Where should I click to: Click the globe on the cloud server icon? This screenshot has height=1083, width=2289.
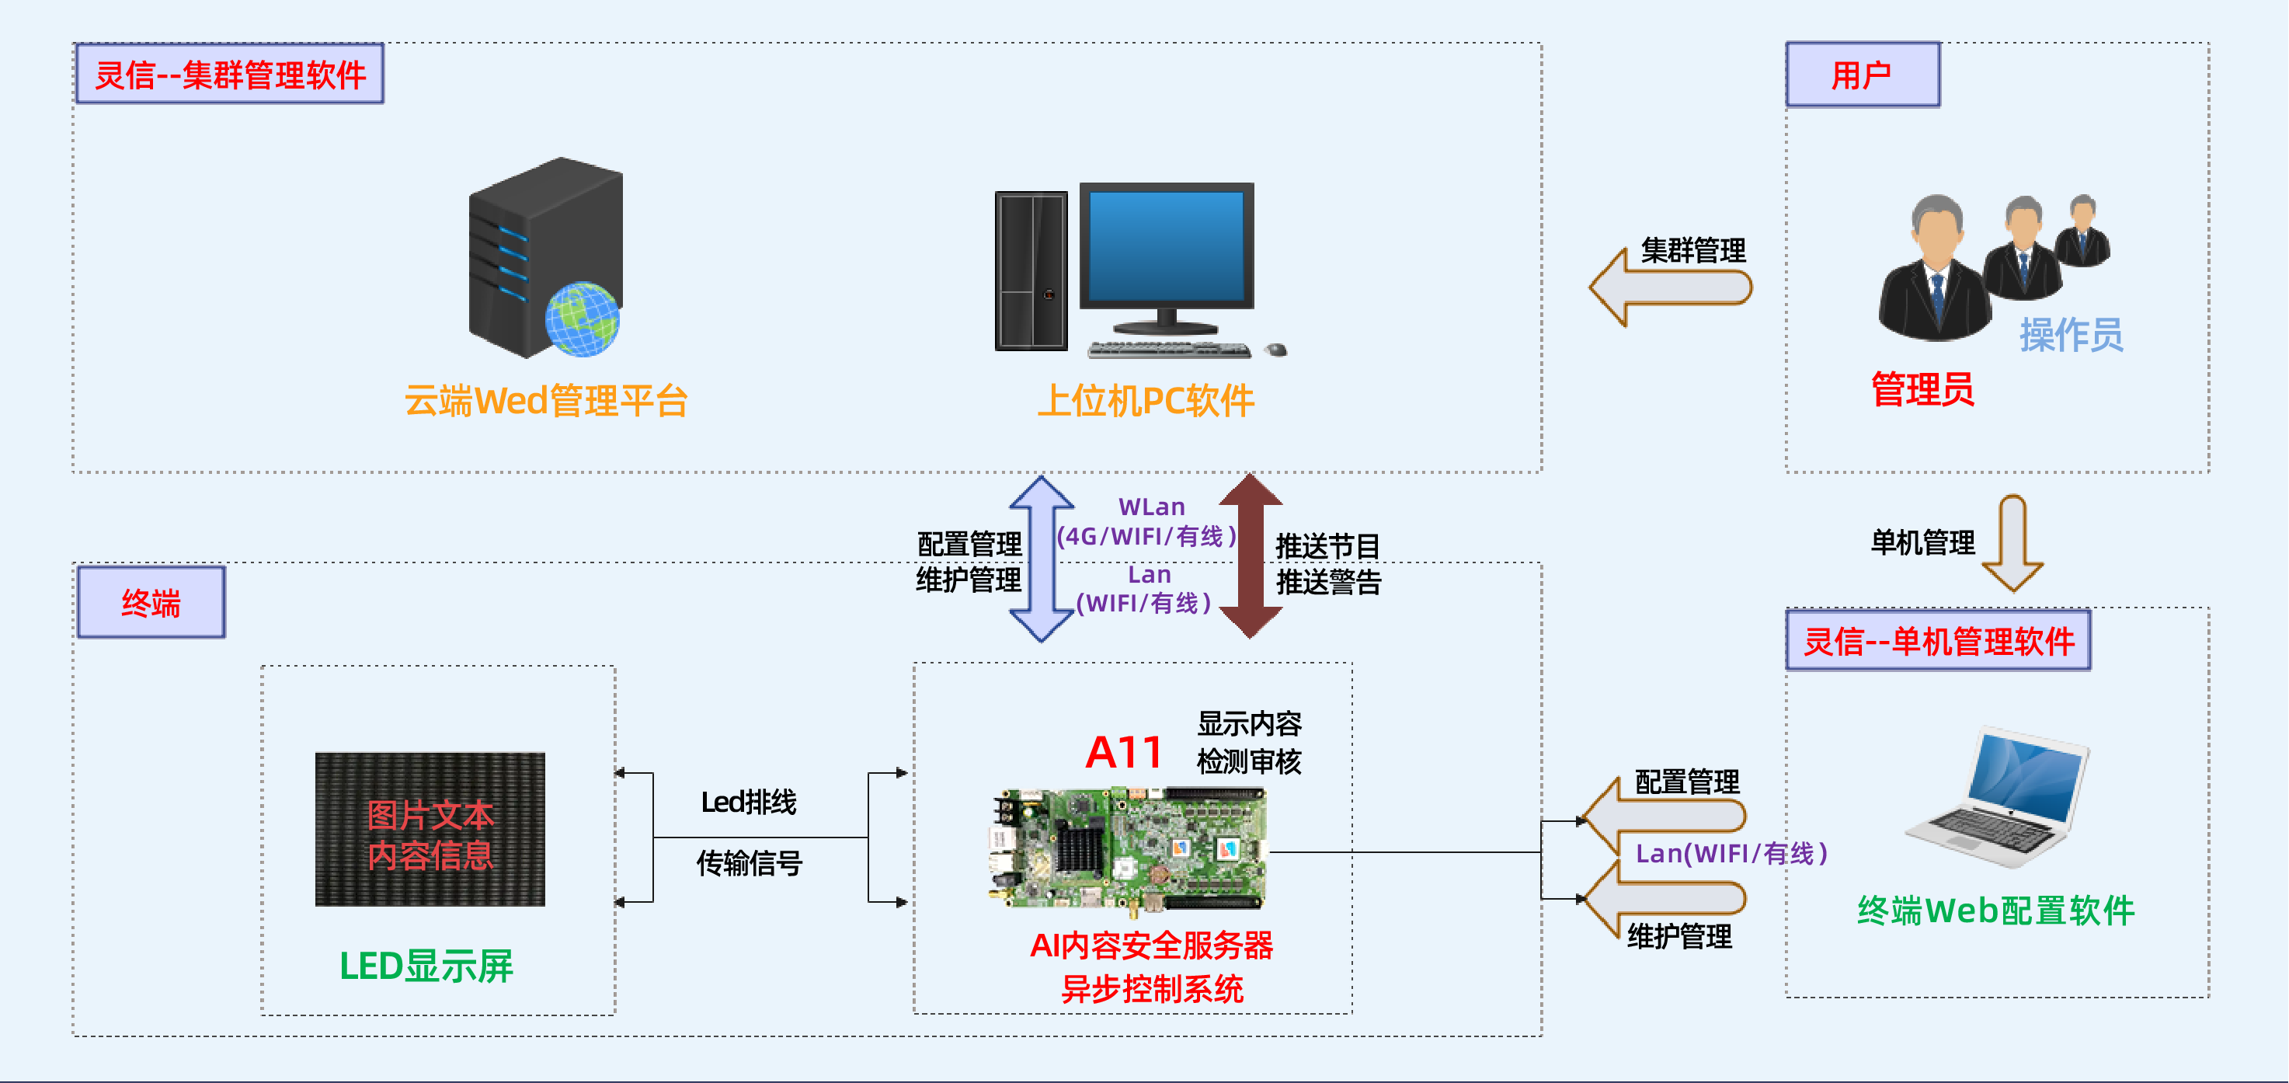pos(582,319)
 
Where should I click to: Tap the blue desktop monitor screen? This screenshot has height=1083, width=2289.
pos(1166,246)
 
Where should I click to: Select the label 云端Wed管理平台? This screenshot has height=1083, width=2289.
pos(545,401)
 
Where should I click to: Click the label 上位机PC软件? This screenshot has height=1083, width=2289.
pos(1146,401)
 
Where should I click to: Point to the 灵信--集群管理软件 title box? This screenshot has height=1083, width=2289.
pos(230,75)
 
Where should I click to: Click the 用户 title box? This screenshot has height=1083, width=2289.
pos(1863,75)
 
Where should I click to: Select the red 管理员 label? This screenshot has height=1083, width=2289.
pos(1922,389)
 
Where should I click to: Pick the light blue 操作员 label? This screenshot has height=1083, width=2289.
pos(2071,335)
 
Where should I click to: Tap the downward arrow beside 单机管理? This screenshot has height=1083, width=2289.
pos(2012,543)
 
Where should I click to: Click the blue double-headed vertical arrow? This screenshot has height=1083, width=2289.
pos(1042,558)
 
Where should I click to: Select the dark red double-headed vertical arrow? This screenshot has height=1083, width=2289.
pos(1251,556)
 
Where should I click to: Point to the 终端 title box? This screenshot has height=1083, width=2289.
pos(151,602)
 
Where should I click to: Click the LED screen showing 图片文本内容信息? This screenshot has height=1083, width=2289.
pos(430,830)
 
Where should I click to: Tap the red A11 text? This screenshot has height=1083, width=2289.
pos(1124,753)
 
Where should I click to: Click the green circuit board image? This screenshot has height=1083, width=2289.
pos(1129,849)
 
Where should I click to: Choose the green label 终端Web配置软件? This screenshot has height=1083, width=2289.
pos(1995,911)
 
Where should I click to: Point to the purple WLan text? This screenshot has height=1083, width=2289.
pos(1152,507)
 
